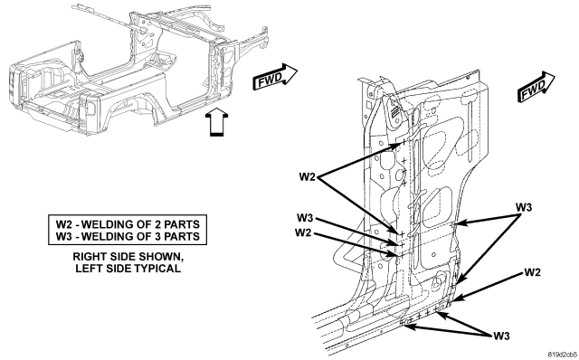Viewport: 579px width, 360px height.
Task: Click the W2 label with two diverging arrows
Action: [x=307, y=177]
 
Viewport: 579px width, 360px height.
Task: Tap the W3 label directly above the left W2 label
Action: [x=305, y=218]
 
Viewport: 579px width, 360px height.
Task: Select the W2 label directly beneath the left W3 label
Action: [x=303, y=233]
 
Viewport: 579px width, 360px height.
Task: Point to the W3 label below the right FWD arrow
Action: [x=524, y=207]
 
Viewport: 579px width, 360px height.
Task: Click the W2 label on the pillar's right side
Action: [x=532, y=272]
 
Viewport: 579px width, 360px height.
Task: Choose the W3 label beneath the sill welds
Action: [x=501, y=336]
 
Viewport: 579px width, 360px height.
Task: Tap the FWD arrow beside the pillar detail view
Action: [x=536, y=87]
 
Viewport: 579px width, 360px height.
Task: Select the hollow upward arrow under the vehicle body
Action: [x=216, y=122]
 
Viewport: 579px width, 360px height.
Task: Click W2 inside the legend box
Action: [x=63, y=224]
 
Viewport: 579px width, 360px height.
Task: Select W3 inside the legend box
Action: [x=63, y=236]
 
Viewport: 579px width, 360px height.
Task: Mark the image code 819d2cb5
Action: [x=563, y=354]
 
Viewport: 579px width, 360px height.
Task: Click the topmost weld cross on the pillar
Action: [x=403, y=141]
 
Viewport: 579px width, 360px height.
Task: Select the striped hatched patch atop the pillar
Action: [x=394, y=109]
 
